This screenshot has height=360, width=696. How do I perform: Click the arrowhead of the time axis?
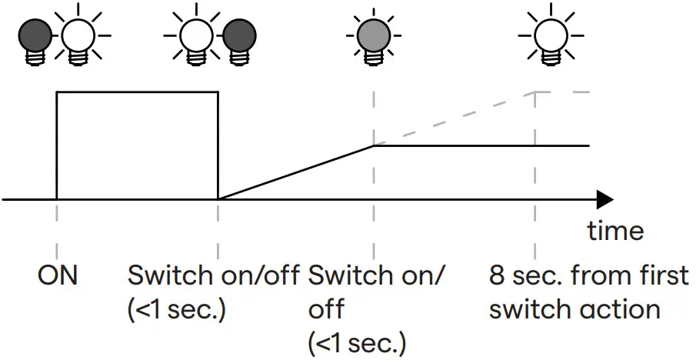(x=604, y=200)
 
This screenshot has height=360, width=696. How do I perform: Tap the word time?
(x=615, y=230)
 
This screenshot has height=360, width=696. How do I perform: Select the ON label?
(x=58, y=275)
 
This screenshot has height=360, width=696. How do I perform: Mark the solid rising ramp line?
(x=296, y=172)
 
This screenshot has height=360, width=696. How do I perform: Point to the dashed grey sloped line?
(x=454, y=118)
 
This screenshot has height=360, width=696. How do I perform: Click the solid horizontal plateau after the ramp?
(x=481, y=145)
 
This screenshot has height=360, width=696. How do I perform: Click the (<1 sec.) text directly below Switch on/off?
(x=176, y=309)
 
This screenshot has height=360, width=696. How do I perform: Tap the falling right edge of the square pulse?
(x=218, y=146)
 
